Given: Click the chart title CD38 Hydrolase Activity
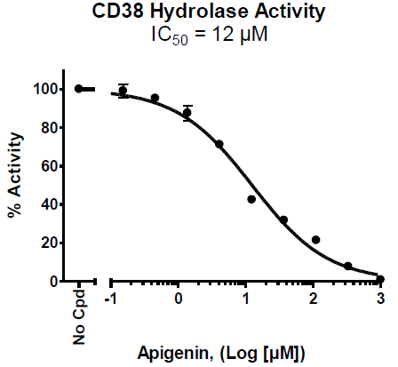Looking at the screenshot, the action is click(209, 12).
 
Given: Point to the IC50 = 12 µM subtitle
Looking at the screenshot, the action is click(210, 36).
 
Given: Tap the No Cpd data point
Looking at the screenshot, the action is click(79, 89).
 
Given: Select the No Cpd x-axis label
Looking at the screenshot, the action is click(79, 317).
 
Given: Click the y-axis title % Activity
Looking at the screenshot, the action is click(15, 176).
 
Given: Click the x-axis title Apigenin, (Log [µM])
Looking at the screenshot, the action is click(220, 354).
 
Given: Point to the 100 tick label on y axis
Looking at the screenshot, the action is click(45, 89).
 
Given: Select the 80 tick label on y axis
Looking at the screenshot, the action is click(50, 128).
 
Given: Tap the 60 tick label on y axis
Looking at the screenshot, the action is click(50, 166).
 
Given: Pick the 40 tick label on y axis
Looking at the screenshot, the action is click(50, 204).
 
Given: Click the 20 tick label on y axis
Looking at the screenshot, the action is click(50, 243).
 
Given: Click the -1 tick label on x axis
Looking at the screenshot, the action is click(110, 299).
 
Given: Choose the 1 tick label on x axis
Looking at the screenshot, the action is click(246, 299).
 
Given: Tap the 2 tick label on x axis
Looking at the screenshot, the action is click(314, 299).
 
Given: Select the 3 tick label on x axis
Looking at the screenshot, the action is click(381, 299).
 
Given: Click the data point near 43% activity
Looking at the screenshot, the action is click(251, 199).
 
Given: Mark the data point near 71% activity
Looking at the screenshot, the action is click(219, 144).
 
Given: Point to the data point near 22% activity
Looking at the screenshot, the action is click(315, 240).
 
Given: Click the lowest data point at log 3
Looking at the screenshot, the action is click(380, 279).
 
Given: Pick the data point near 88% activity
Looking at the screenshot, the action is click(187, 113).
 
